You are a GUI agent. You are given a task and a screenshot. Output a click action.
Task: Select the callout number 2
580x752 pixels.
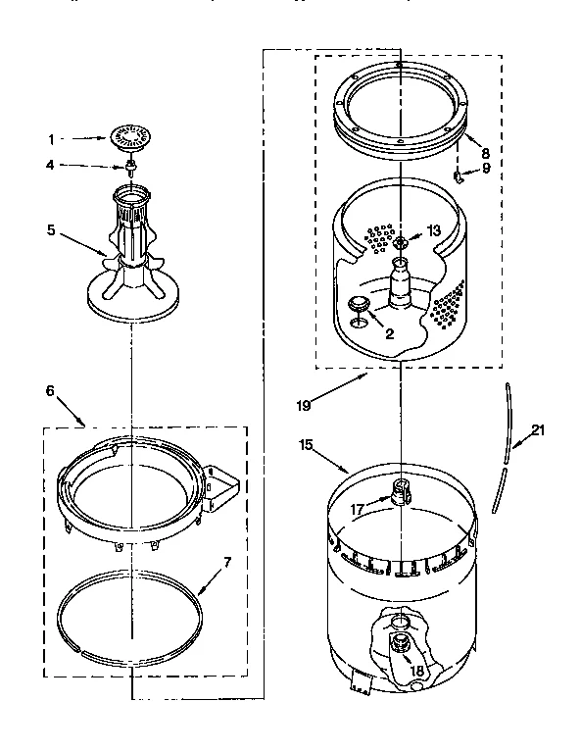[x=389, y=334]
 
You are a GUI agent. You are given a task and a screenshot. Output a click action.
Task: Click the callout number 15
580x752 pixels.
[x=306, y=445]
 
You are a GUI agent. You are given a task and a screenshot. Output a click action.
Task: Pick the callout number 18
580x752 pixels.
[x=416, y=671]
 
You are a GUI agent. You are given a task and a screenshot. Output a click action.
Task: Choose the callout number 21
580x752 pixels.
[x=536, y=428]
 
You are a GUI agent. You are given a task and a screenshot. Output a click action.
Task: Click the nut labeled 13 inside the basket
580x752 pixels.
[x=402, y=240]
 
